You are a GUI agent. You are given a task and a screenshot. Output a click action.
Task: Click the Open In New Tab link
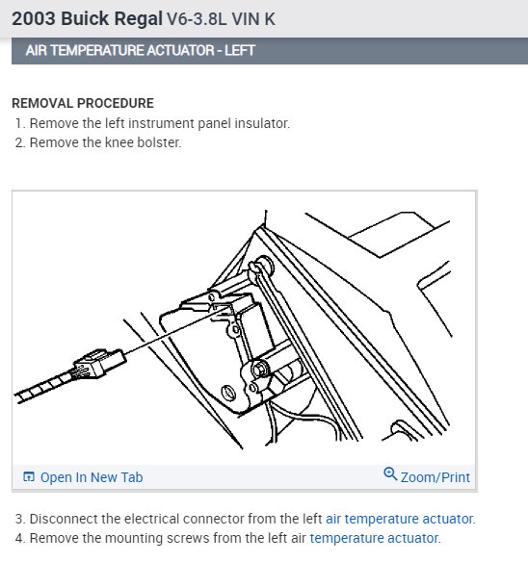click(92, 477)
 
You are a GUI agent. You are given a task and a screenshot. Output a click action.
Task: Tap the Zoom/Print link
click(436, 477)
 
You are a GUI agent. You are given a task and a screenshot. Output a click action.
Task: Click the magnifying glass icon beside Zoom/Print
click(390, 473)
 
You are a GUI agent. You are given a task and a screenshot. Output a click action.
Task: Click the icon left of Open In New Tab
click(29, 476)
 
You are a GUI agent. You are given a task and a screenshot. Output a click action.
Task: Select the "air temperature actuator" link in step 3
click(399, 519)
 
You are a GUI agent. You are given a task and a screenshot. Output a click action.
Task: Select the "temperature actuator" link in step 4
click(374, 538)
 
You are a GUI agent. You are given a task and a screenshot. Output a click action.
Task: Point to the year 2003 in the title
click(34, 18)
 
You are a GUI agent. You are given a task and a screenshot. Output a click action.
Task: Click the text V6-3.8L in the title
click(197, 19)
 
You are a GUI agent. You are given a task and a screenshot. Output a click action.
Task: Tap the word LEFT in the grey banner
click(240, 51)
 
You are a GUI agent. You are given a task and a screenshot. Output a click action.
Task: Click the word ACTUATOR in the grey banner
click(180, 51)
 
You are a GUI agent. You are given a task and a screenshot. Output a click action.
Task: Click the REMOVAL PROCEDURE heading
click(83, 103)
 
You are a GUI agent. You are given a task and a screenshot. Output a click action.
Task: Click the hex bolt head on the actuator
click(259, 369)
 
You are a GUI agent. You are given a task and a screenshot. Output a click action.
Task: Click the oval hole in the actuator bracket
click(228, 393)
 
